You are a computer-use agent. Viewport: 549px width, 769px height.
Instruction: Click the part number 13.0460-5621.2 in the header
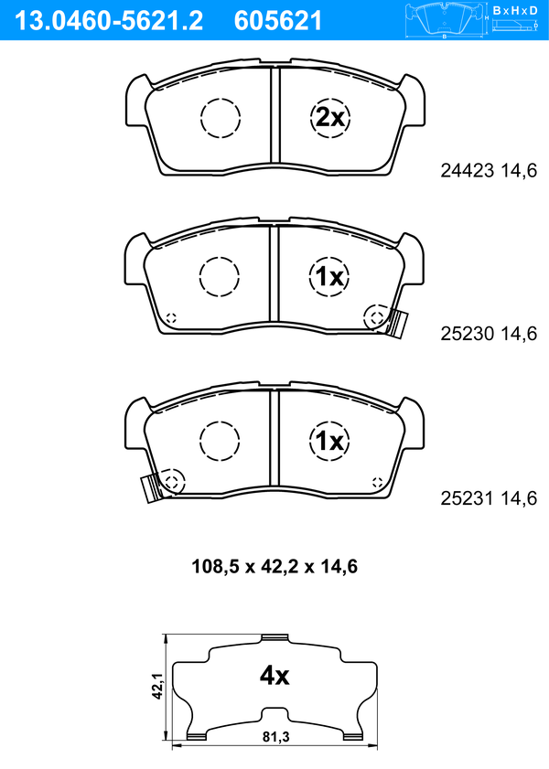109,21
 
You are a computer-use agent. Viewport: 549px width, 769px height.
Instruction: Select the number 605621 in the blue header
278,21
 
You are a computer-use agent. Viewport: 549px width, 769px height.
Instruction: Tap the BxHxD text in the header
514,10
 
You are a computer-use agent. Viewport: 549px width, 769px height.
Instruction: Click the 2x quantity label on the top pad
329,118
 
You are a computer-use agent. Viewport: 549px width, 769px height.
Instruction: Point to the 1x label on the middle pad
329,278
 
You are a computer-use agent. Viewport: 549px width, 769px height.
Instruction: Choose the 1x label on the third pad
329,442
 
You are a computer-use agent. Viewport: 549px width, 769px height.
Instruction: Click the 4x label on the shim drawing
274,677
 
